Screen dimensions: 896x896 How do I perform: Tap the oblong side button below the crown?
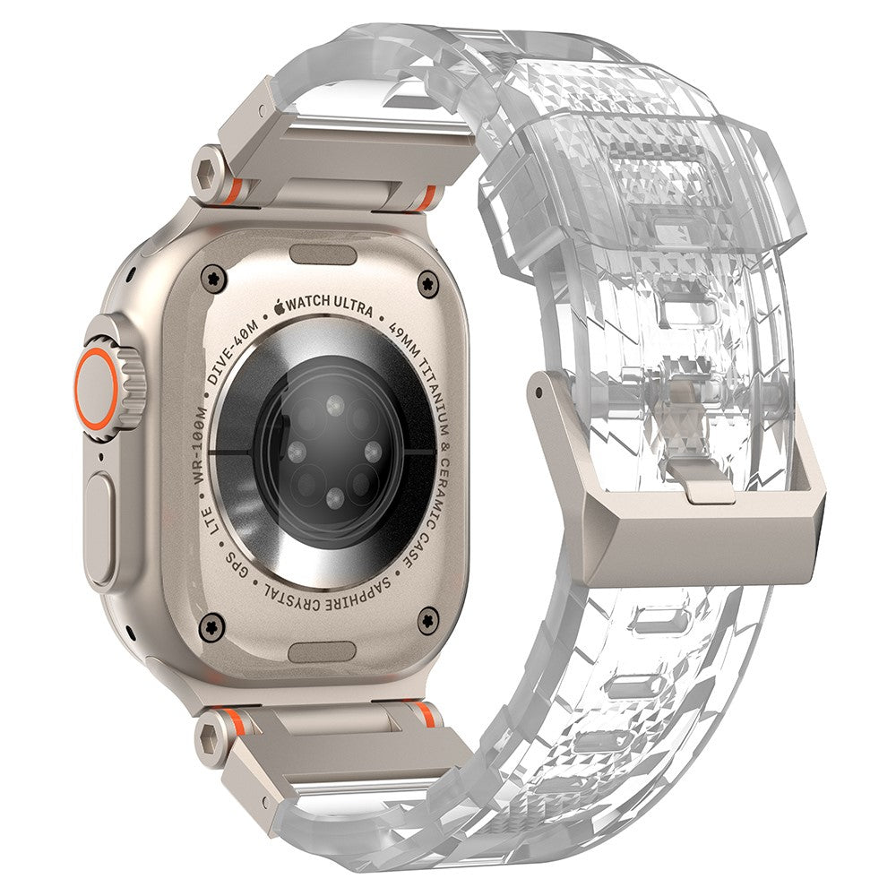click(100, 530)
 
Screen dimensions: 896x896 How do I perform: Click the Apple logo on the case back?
click(280, 306)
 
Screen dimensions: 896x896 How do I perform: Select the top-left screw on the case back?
click(214, 279)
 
